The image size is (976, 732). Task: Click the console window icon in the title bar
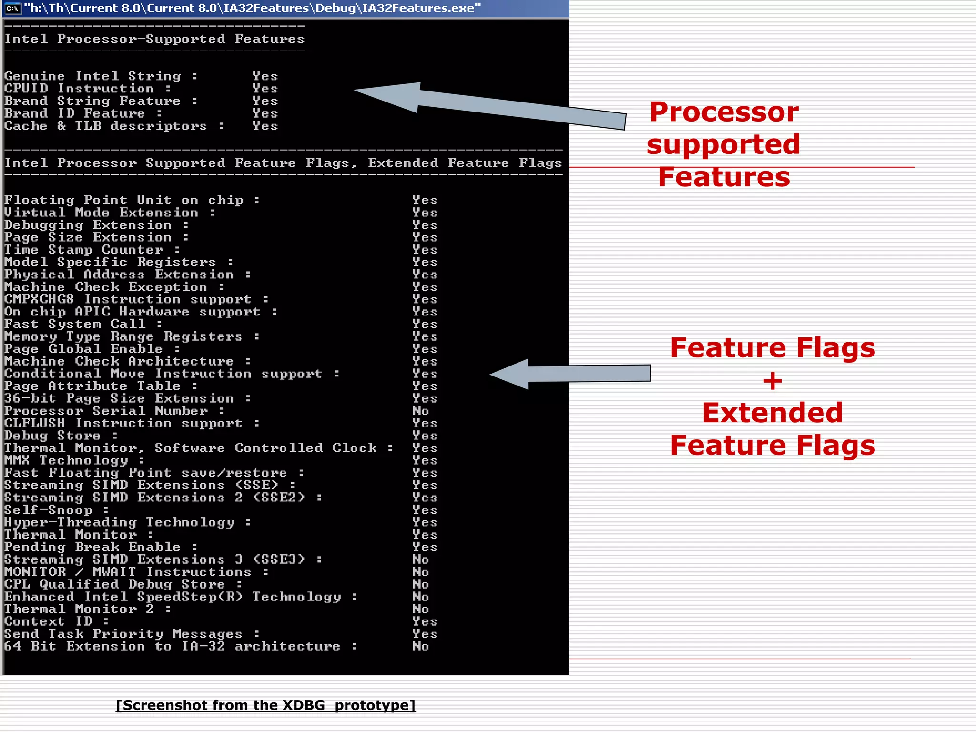tap(13, 8)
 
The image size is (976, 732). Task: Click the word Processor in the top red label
tap(723, 112)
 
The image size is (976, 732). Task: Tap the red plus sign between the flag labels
tap(773, 381)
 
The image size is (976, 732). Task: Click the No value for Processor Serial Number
tap(420, 411)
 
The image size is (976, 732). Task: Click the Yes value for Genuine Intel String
tap(265, 76)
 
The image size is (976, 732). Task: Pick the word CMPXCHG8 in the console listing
tap(39, 299)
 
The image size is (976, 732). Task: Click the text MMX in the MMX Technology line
tap(17, 460)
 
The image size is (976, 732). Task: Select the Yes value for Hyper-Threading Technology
tap(425, 522)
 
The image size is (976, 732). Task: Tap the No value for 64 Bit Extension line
tap(420, 646)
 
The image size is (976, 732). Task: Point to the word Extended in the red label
tap(772, 412)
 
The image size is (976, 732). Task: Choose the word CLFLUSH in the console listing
tap(34, 423)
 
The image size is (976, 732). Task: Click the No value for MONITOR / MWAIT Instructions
tap(420, 572)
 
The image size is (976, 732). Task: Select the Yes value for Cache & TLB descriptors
tap(265, 126)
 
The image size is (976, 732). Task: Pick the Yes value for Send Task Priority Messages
tap(425, 634)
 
